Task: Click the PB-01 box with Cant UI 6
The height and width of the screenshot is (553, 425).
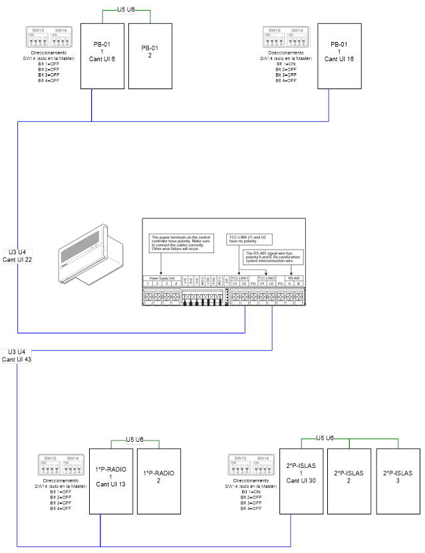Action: click(x=103, y=56)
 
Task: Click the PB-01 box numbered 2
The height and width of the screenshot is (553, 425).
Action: click(x=150, y=56)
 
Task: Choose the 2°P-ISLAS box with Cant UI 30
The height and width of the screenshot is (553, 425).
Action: click(x=301, y=480)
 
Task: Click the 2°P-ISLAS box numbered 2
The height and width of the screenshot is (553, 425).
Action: click(x=349, y=480)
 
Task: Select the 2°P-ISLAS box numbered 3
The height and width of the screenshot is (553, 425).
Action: click(x=398, y=480)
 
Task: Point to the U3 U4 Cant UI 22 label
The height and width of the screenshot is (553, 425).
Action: click(x=17, y=256)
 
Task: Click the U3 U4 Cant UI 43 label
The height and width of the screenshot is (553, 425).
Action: click(x=17, y=355)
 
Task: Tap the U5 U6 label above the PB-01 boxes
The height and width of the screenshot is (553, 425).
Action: click(x=126, y=11)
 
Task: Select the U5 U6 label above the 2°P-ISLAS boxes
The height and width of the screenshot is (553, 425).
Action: click(x=325, y=438)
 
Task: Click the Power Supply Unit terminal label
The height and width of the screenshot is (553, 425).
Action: click(x=162, y=277)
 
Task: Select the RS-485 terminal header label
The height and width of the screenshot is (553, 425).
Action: click(x=294, y=277)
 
